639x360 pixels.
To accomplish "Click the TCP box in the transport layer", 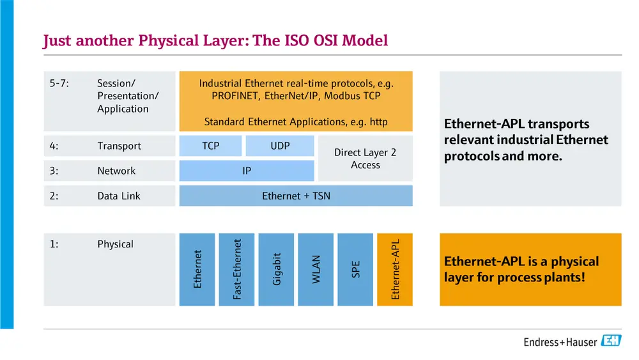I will point(210,146).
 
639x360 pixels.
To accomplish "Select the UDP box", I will point(280,146).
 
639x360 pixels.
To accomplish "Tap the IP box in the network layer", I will point(247,171).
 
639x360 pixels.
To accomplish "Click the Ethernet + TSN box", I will point(296,196).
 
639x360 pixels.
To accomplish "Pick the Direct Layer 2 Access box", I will point(365,159).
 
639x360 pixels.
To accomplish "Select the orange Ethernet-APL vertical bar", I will point(395,269).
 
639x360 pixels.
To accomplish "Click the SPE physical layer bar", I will point(355,269).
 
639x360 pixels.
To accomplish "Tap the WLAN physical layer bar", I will point(316,269).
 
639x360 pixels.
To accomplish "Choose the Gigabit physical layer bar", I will point(276,269).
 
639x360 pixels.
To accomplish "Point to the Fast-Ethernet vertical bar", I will point(237,269).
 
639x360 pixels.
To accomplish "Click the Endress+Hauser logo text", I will point(560,342).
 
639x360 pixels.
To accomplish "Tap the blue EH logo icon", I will point(611,341).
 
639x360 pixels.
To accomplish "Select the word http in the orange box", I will point(378,121).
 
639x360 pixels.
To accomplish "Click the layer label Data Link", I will point(118,196).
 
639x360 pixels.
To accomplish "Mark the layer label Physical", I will point(115,244).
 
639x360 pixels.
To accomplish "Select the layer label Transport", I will point(119,146).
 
